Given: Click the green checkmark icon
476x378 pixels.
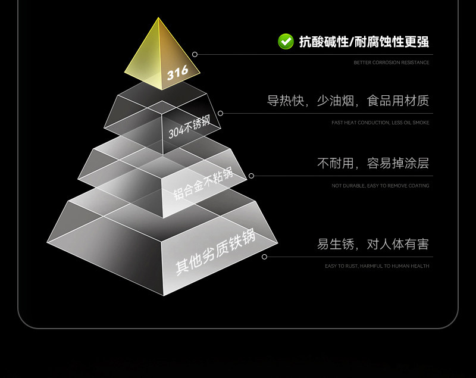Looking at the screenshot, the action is click(286, 41).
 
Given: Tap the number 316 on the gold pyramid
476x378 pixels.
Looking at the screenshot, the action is click(177, 73).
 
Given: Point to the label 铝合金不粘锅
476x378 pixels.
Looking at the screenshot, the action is click(202, 183).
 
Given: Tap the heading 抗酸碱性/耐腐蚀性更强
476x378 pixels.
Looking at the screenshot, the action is click(364, 42).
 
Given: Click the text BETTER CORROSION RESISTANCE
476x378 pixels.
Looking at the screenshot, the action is click(391, 63).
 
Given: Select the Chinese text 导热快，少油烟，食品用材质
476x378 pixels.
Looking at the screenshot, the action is click(347, 101).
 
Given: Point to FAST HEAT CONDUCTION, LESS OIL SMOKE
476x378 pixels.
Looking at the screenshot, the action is click(380, 123).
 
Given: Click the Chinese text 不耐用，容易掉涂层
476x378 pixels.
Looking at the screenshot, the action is click(372, 163).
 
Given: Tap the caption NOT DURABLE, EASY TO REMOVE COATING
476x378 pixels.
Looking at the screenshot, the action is click(380, 186).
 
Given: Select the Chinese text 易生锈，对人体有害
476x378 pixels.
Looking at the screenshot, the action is click(372, 244).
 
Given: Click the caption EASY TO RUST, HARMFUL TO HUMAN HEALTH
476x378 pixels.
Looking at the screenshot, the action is click(377, 266).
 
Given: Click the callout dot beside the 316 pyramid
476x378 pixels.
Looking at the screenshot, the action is click(195, 54).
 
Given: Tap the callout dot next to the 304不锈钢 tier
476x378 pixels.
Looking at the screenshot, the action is click(220, 113).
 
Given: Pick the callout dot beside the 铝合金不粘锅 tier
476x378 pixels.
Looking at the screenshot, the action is click(251, 176).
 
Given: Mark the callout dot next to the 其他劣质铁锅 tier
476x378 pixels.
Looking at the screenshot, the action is click(264, 257).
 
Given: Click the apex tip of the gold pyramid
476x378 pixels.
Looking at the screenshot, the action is click(158, 18).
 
